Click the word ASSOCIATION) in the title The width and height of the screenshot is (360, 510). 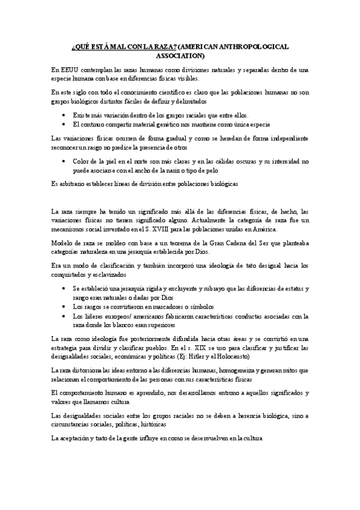point(180,57)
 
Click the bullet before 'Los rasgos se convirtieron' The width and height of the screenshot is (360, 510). point(66,306)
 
